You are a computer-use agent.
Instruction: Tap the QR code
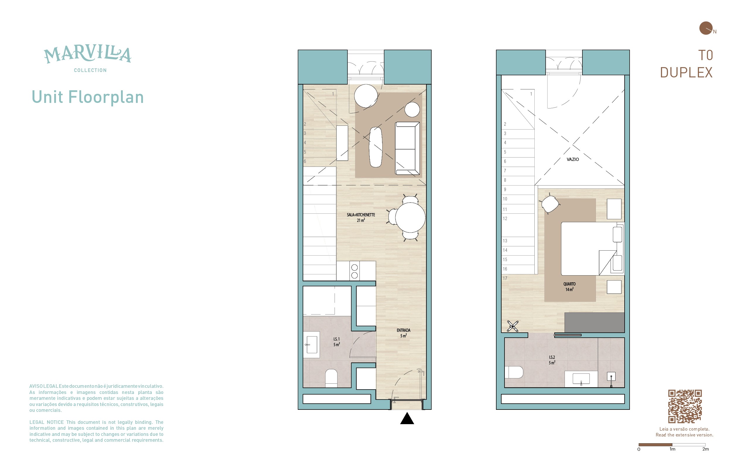pyautogui.click(x=685, y=406)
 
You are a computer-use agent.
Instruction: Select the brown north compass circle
pyautogui.click(x=706, y=28)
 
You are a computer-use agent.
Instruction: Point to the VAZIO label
pyautogui.click(x=572, y=159)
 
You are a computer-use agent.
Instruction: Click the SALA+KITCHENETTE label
pyautogui.click(x=361, y=215)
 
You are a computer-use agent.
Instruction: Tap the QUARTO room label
pyautogui.click(x=569, y=284)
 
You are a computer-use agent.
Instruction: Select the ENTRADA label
pyautogui.click(x=403, y=330)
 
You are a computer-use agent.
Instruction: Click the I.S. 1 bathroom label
pyautogui.click(x=337, y=339)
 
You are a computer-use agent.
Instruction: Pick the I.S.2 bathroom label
pyautogui.click(x=552, y=357)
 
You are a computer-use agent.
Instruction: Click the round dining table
pyautogui.click(x=410, y=217)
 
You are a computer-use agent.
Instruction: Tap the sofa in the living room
pyautogui.click(x=408, y=148)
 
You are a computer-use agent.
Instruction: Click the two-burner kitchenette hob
pyautogui.click(x=354, y=271)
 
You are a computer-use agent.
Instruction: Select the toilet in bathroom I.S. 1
pyautogui.click(x=331, y=378)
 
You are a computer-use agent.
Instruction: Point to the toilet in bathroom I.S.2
pyautogui.click(x=514, y=372)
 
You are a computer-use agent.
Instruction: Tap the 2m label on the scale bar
pyautogui.click(x=705, y=449)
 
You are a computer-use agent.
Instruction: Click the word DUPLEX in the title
pyautogui.click(x=686, y=73)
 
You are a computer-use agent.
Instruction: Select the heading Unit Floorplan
pyautogui.click(x=88, y=97)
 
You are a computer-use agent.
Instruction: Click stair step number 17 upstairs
pyautogui.click(x=505, y=278)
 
